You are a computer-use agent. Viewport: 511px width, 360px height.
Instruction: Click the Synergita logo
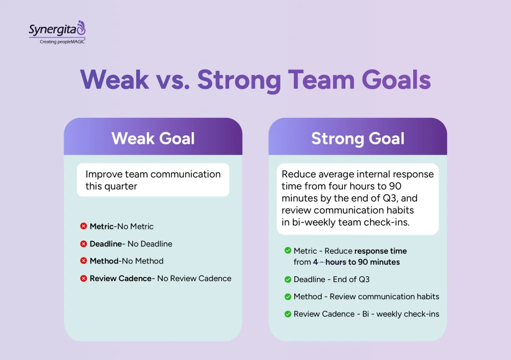56,29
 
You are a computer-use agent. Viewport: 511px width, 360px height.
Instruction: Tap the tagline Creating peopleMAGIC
62,42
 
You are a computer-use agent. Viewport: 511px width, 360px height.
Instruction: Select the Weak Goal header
153,138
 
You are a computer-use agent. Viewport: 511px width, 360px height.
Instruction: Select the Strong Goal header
357,138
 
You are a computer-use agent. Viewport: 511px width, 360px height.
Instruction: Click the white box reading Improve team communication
153,180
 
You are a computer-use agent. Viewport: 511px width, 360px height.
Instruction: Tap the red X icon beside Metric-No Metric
83,227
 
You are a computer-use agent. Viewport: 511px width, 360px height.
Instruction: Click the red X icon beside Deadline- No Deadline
83,244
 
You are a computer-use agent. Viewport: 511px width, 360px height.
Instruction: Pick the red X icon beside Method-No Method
83,261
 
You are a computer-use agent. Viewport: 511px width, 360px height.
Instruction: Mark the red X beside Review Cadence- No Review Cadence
83,278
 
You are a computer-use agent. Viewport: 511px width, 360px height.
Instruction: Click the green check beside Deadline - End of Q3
287,280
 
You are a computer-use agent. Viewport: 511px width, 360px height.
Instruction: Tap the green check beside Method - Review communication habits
287,297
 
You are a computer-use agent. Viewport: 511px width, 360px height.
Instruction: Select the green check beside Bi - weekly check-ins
287,314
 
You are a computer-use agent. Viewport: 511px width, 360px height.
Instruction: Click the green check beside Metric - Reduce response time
287,251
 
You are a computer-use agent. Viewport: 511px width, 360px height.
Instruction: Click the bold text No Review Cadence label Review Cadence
120,278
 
